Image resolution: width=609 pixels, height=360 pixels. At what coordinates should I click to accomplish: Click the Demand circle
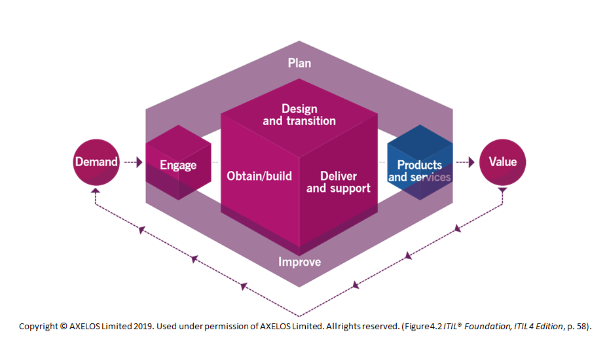(x=96, y=162)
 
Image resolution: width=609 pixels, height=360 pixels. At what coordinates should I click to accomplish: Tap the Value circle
(x=502, y=162)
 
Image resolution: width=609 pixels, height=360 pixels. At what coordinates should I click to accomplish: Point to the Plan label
(x=299, y=63)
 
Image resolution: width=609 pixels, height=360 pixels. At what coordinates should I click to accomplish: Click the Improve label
(x=299, y=262)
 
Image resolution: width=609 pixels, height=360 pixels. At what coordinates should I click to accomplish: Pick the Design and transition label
(x=299, y=115)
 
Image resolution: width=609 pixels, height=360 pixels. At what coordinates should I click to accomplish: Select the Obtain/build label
(x=259, y=175)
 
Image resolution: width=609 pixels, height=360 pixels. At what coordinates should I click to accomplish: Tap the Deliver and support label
(x=339, y=182)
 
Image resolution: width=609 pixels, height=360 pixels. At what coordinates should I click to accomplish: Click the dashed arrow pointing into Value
(x=466, y=162)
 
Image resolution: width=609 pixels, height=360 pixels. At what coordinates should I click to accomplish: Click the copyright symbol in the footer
(x=63, y=326)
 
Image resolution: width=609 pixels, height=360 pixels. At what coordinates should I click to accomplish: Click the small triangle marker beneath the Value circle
(x=502, y=190)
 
